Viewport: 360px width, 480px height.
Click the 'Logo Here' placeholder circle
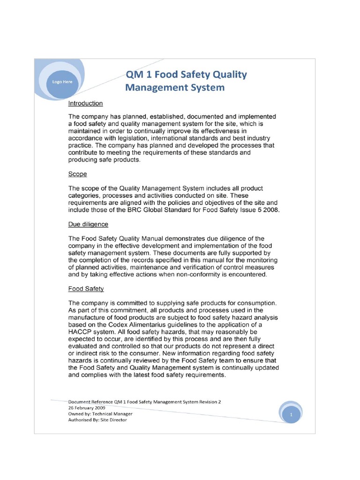[x=62, y=82]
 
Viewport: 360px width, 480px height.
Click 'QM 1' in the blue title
[x=139, y=75]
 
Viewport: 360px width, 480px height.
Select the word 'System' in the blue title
[x=205, y=88]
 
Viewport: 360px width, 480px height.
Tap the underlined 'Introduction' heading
[x=86, y=103]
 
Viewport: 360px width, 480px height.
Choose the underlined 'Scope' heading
[x=77, y=174]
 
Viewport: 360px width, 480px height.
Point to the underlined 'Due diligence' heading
[x=88, y=224]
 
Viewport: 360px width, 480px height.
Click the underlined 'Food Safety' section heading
[x=86, y=289]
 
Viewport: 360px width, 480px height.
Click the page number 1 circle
[x=291, y=415]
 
